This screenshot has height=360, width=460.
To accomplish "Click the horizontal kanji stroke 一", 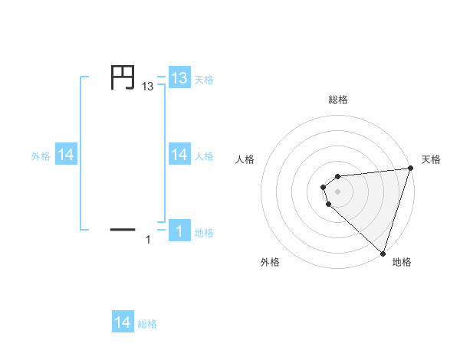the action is pos(123,228).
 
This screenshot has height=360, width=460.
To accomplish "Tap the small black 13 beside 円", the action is pos(148,88).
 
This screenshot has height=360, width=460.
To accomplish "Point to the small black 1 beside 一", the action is pos(148,241).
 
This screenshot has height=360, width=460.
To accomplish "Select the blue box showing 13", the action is pos(179,78).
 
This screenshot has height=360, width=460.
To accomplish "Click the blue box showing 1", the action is pos(179,231).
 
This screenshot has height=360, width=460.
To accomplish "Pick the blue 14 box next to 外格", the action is pos(66,155).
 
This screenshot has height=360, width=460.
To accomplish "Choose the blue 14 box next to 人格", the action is pos(179,155).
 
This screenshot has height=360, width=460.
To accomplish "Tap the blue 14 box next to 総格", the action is pos(123,322).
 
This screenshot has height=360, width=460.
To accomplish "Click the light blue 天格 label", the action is pos(204,79).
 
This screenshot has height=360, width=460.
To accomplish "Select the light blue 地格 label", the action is pos(204,232).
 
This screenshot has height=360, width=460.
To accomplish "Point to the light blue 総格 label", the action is pos(147,323).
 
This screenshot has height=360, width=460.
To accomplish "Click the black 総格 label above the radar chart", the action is pos(338,100).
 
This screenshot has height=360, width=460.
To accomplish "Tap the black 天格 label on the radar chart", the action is pos(431,159).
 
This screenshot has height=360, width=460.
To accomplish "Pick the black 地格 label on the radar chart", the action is pos(402,262).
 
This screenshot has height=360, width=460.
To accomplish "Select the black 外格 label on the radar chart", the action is pos(270,262).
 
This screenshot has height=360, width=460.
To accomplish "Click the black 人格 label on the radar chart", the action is pos(245,159).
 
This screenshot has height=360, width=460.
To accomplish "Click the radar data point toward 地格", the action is pos(383,253).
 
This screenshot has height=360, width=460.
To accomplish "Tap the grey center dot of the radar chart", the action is pos(338,191).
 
